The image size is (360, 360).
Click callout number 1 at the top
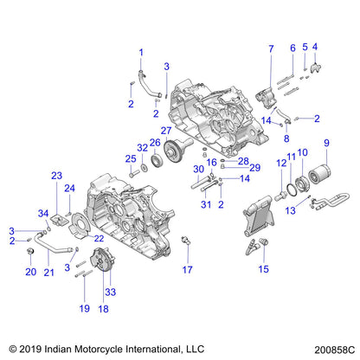coord(142,49)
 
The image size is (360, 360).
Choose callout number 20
coord(31,271)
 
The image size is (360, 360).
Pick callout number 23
coord(57,176)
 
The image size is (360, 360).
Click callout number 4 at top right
coord(315,47)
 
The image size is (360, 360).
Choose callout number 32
coord(141,147)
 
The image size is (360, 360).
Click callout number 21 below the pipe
coord(49,272)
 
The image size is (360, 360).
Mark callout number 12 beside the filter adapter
coord(281,163)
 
